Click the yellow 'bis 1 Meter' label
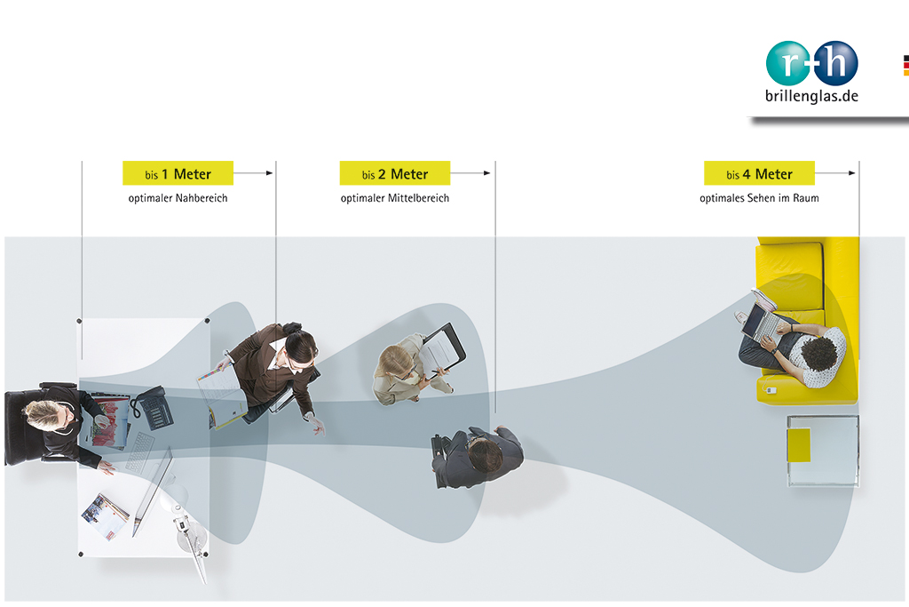[178, 173]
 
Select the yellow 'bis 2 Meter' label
[395, 173]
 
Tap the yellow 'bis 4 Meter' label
[760, 173]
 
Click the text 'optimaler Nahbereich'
[178, 198]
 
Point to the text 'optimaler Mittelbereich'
[395, 198]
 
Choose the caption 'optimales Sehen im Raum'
[760, 198]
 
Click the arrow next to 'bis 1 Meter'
[253, 173]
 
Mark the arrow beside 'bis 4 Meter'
[835, 173]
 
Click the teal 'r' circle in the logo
[788, 63]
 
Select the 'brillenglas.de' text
[811, 96]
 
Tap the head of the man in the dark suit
[486, 454]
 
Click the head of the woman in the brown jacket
[301, 348]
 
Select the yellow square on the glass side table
[799, 445]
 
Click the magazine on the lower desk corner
[105, 516]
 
